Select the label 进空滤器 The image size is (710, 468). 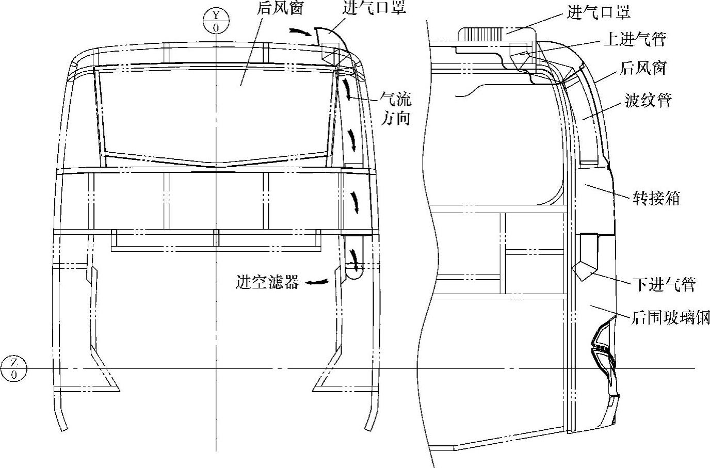267,282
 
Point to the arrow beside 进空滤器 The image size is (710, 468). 317,282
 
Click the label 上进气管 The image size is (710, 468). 635,39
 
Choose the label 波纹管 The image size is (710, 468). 648,101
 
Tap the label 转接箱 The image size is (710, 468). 656,198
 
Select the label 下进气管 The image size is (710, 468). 664,284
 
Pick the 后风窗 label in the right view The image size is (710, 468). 643,68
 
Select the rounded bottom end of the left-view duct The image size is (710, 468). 354,271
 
